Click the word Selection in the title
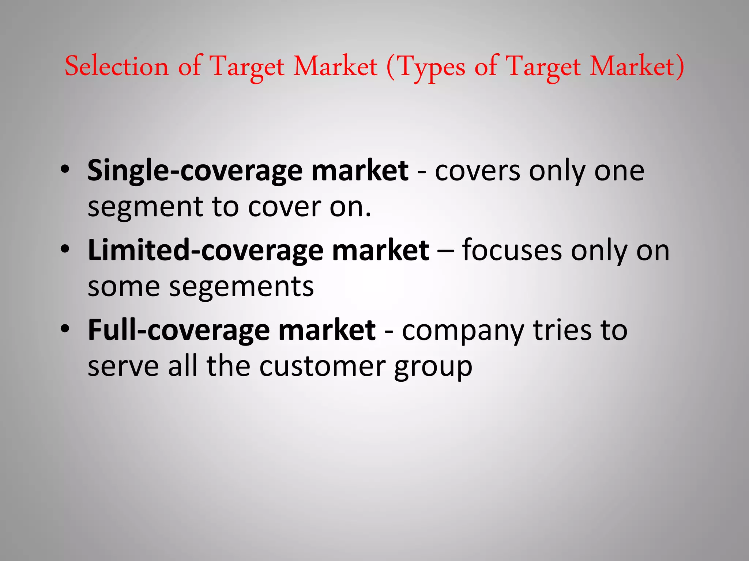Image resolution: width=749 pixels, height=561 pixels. [116, 66]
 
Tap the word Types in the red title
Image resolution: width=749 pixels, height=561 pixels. [432, 67]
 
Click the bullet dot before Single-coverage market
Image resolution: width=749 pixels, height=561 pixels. [65, 169]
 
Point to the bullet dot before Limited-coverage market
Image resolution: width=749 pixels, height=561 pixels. [65, 249]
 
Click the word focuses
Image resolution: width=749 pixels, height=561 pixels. [512, 251]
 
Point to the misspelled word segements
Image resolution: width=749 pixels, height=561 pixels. [241, 287]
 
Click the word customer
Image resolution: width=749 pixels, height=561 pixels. [322, 366]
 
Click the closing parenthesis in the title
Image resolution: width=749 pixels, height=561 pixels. [680, 67]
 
